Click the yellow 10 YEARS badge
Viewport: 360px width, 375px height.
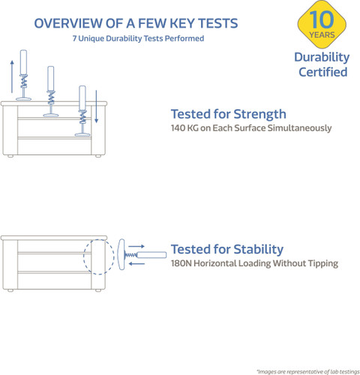[x=322, y=24]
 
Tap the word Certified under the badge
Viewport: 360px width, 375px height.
[x=323, y=72]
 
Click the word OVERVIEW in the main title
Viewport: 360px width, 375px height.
[x=69, y=23]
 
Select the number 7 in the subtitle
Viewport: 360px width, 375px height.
[x=74, y=38]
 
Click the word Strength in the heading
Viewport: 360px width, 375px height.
[x=260, y=114]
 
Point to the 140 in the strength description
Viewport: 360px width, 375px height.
[x=178, y=128]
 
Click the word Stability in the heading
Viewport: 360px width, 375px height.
[x=258, y=249]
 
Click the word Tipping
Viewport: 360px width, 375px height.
[x=323, y=264]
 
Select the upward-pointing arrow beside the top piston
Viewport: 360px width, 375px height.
[x=12, y=76]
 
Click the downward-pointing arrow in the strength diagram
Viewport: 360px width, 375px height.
[x=96, y=106]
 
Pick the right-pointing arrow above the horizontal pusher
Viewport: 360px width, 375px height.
[x=136, y=246]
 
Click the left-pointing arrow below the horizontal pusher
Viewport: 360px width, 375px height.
[x=136, y=263]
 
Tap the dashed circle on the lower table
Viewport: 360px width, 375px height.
[x=83, y=256]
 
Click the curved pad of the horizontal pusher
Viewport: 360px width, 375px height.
[x=121, y=254]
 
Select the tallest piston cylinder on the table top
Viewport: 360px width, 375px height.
[x=23, y=62]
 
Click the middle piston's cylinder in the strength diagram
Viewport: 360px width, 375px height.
[x=51, y=79]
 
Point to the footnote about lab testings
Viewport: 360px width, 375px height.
[x=308, y=371]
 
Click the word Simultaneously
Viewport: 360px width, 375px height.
[x=299, y=128]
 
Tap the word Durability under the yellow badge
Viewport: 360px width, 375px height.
[x=322, y=58]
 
